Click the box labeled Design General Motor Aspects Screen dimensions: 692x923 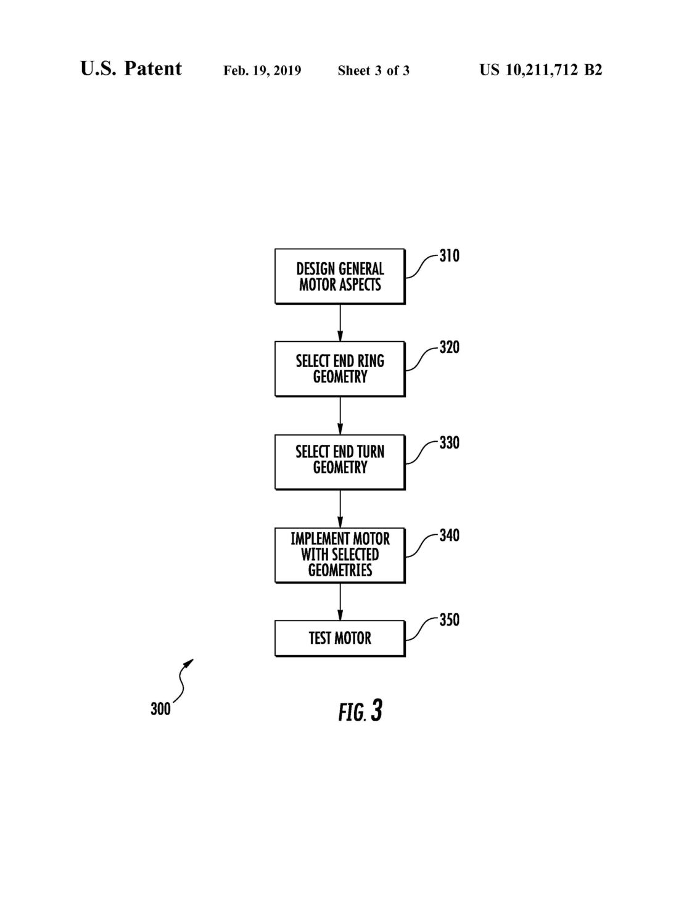(340, 276)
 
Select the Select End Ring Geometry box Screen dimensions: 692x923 (340, 369)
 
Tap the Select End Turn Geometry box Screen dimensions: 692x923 (340, 462)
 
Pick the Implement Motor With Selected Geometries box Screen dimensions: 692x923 (340, 555)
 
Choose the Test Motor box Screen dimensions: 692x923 (340, 639)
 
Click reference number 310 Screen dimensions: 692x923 (450, 255)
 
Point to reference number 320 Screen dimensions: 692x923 (450, 347)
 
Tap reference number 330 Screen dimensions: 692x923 (450, 443)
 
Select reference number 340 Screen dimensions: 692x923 (450, 536)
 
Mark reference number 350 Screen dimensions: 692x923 (450, 620)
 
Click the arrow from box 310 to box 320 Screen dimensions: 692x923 (340, 323)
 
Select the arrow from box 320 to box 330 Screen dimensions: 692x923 (340, 415)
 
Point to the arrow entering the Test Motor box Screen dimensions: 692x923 (340, 602)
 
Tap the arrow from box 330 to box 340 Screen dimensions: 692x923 (340, 509)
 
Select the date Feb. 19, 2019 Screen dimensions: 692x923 (262, 71)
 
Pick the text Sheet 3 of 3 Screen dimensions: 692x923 (374, 71)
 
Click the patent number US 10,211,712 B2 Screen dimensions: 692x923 (541, 70)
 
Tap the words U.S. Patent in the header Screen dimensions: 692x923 (131, 68)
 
